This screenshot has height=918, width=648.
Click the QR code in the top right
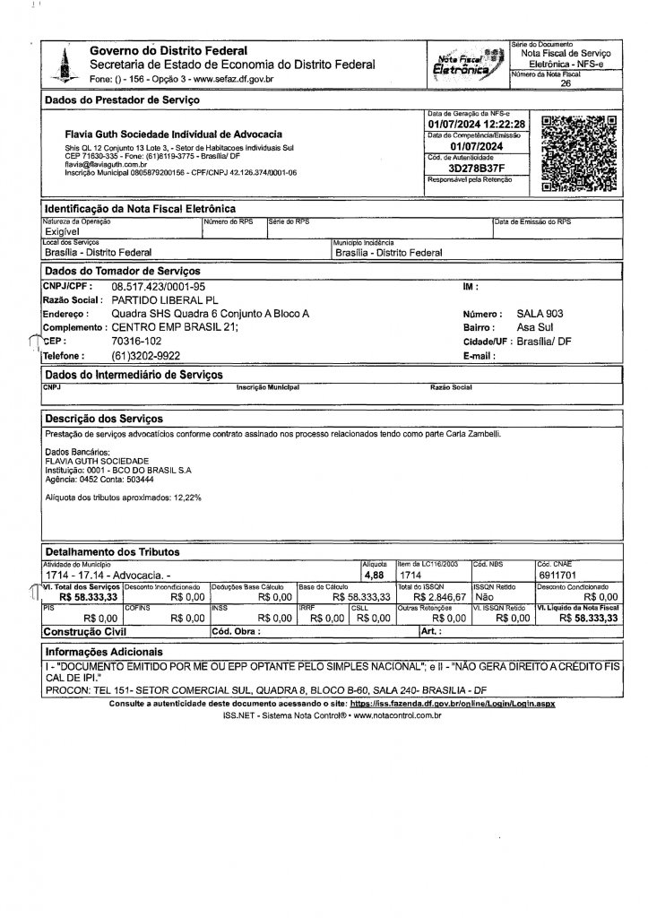[581, 154]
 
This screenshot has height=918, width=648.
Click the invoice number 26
[565, 82]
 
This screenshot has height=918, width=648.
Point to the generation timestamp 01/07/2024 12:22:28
[475, 124]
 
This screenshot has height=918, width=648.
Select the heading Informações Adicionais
[104, 652]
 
